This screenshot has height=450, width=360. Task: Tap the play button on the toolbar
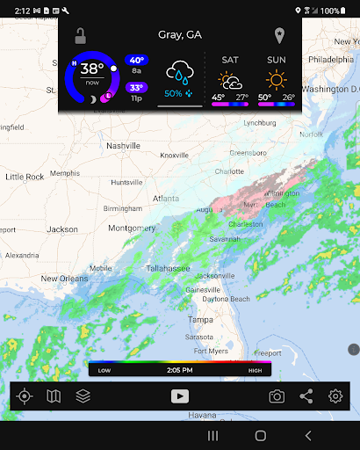179,396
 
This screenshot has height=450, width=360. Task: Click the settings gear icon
335,396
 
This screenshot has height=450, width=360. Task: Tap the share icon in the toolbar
306,396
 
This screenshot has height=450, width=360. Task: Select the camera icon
277,396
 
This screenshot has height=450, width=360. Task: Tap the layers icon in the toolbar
83,396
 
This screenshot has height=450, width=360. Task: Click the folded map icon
54,396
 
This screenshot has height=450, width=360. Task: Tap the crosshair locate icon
25,396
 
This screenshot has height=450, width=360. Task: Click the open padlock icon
80,36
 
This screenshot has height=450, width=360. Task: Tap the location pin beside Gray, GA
279,36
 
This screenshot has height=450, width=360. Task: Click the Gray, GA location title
179,35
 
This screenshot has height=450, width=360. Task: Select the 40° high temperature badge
137,60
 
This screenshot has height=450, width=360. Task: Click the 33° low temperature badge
137,87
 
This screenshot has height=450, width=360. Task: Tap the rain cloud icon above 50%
181,72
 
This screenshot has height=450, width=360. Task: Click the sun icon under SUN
277,80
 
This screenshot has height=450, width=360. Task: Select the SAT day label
230,60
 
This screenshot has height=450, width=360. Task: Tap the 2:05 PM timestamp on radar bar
179,370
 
